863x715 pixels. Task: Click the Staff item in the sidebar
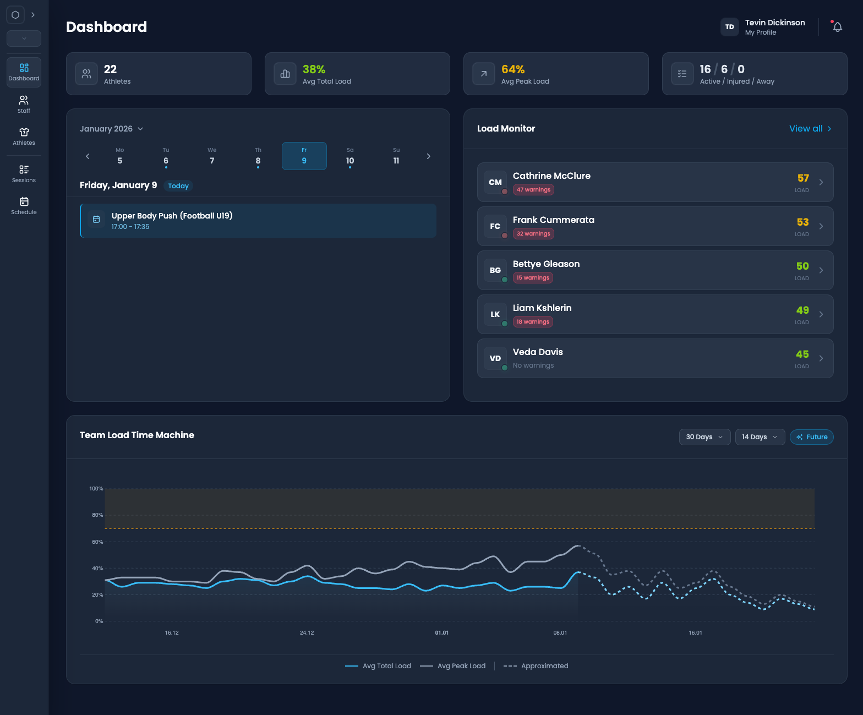point(24,104)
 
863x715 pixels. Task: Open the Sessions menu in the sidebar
point(24,173)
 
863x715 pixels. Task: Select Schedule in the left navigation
point(24,205)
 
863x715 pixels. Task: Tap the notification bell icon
point(837,27)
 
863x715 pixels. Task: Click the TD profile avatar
point(729,27)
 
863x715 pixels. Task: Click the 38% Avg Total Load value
point(314,69)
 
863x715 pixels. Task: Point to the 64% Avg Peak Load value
point(512,69)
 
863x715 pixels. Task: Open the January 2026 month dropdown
point(112,129)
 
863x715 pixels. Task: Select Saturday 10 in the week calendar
point(350,157)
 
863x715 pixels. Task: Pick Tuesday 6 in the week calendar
point(166,157)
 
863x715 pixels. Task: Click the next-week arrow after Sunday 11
point(429,156)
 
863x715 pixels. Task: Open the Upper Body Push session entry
point(258,221)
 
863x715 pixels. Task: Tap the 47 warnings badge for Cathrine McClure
point(533,190)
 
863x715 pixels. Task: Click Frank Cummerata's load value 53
point(802,222)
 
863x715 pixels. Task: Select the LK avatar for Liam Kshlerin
point(495,314)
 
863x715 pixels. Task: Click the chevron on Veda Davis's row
point(821,358)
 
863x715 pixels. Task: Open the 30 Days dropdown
point(704,437)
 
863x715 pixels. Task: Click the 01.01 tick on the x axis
point(442,633)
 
